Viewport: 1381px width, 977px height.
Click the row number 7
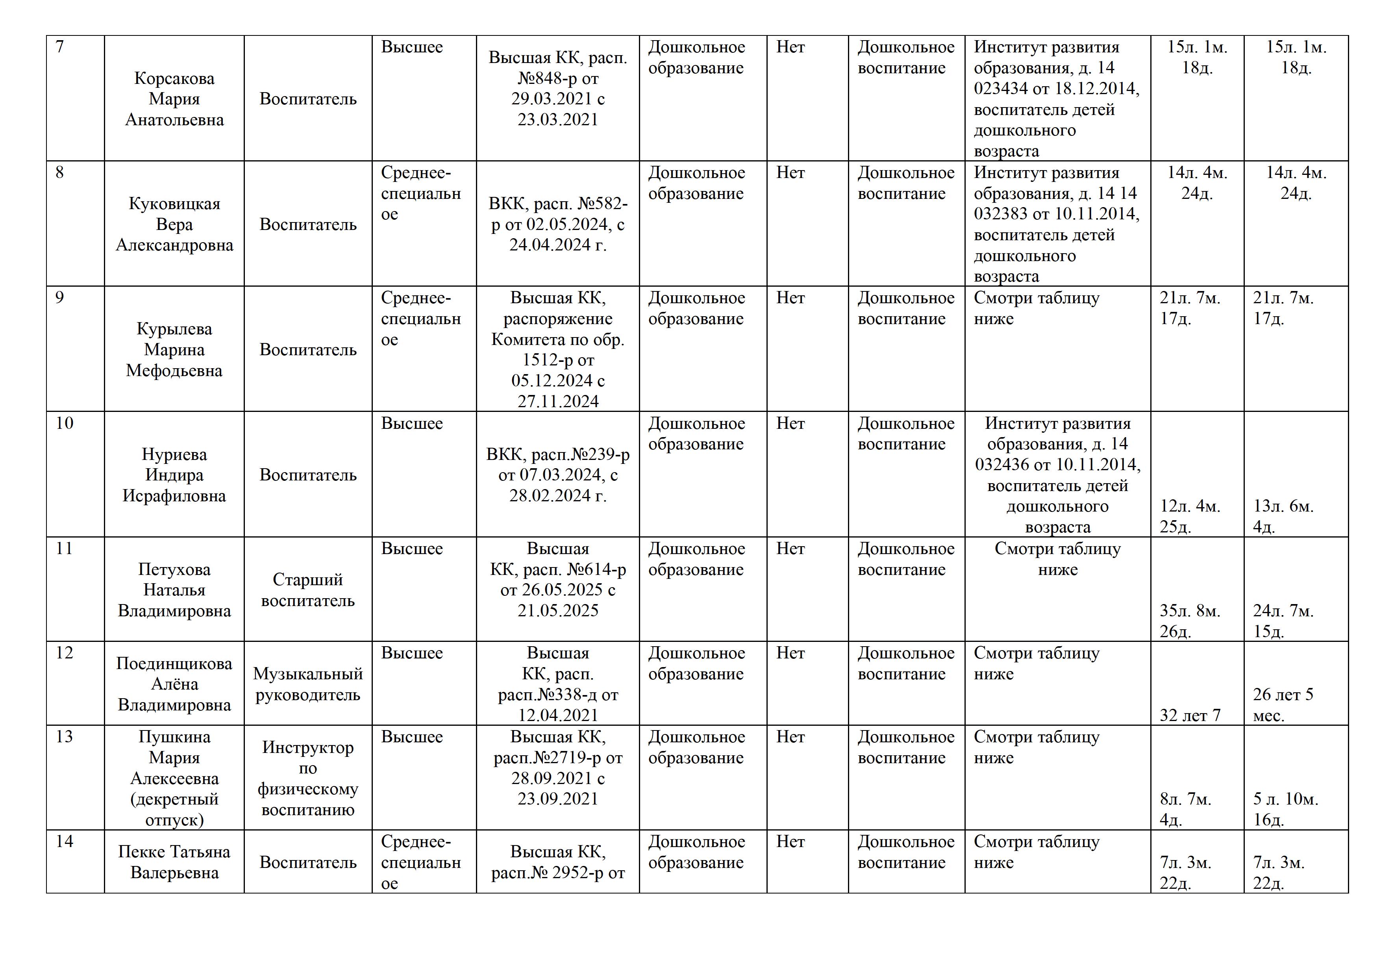click(59, 46)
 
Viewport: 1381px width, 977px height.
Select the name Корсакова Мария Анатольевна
click(174, 99)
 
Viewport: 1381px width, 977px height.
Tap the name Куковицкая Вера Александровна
click(174, 224)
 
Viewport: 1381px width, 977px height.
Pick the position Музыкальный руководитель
click(307, 684)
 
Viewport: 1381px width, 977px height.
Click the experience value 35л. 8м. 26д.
click(1189, 621)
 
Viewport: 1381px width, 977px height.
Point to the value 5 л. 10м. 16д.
click(1285, 809)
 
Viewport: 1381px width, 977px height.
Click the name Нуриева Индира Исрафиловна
click(174, 475)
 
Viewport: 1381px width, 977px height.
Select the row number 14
click(64, 841)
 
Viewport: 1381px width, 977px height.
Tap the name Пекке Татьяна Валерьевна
click(174, 862)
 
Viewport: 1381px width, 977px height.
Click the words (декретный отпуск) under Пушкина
click(174, 810)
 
